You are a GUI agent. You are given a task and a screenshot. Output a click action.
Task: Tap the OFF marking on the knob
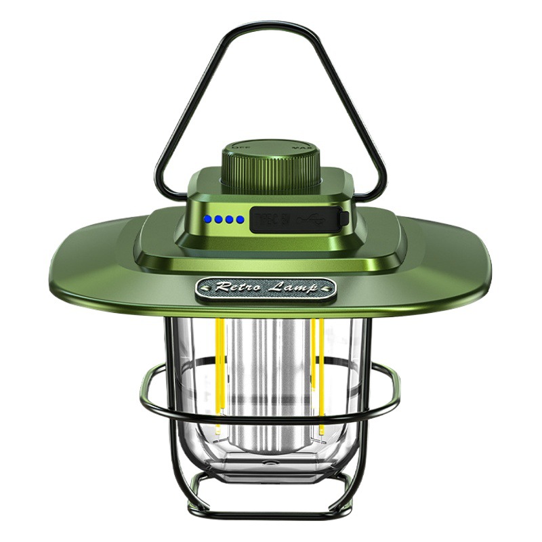coord(239,146)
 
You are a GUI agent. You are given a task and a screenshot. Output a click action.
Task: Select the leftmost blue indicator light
coord(211,220)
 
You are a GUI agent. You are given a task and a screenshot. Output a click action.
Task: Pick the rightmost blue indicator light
coord(239,220)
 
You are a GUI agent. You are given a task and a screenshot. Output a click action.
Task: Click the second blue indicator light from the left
coord(220,220)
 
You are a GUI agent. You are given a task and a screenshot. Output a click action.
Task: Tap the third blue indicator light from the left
coord(230,220)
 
